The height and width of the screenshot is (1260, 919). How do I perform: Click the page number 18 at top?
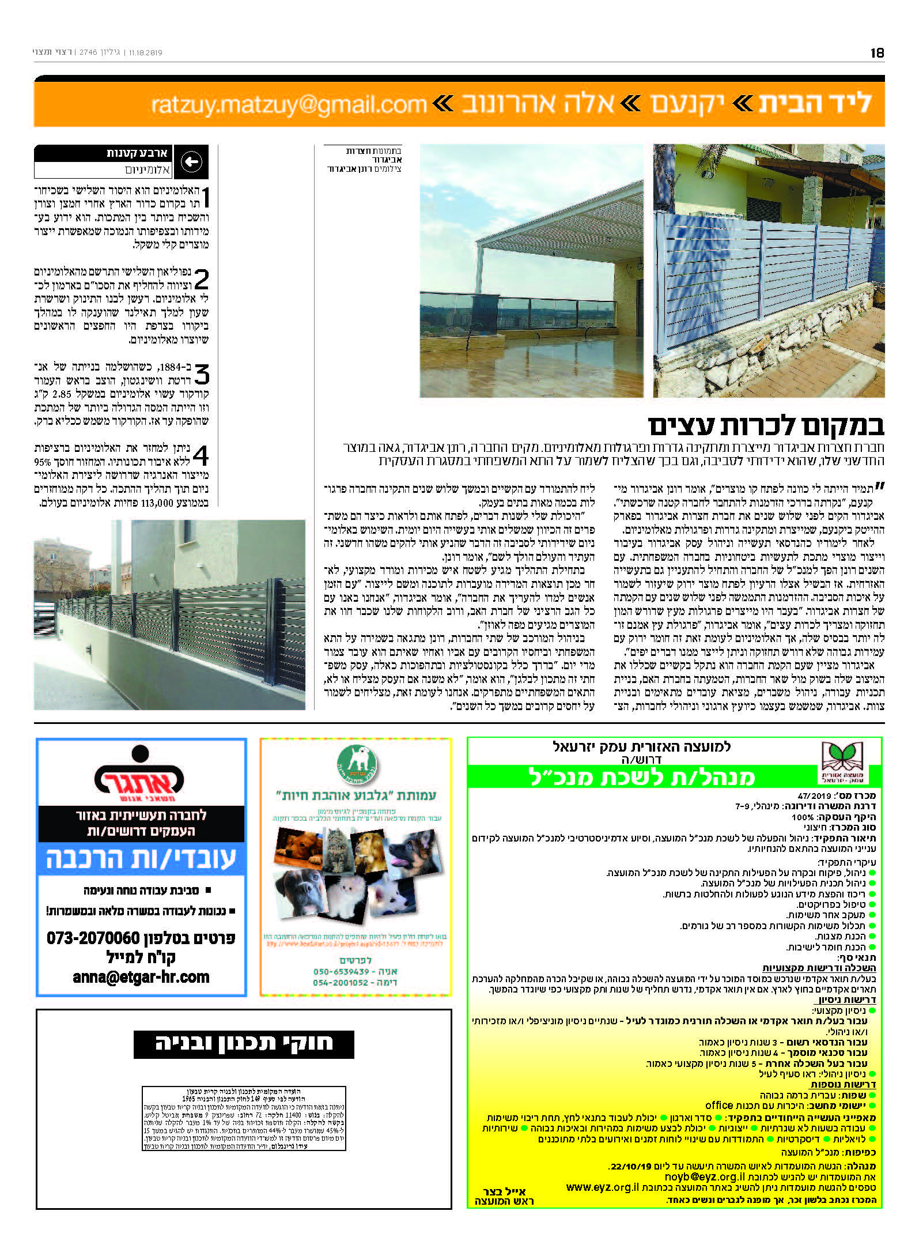tap(876, 52)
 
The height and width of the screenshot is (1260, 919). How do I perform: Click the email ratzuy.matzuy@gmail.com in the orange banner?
tap(288, 104)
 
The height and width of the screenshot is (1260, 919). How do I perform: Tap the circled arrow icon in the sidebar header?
tap(191, 162)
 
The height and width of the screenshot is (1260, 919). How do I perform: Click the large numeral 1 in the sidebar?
tap(205, 198)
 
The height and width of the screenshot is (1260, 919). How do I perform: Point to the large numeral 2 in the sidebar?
tap(202, 280)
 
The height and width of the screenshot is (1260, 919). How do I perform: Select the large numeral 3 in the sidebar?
tap(202, 375)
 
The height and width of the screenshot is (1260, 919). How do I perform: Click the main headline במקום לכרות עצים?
tap(766, 426)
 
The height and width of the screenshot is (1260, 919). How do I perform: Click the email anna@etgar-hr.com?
tap(141, 977)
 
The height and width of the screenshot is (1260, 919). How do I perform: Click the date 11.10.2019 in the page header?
tap(146, 52)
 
